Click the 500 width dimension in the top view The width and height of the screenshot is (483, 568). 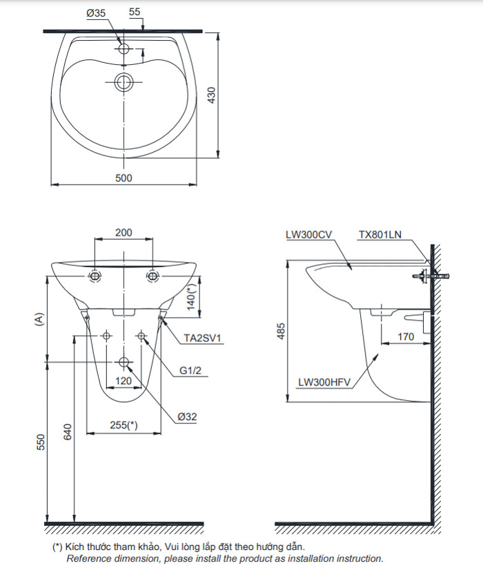(124, 178)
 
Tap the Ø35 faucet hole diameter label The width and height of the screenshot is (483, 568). (97, 12)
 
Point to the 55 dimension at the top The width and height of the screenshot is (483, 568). (135, 12)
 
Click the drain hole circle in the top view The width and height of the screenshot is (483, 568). (124, 82)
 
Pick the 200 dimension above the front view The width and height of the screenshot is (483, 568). (124, 233)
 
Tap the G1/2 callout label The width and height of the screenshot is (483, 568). (190, 371)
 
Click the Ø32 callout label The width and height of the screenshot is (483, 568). (187, 417)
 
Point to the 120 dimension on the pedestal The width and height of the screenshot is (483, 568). (124, 381)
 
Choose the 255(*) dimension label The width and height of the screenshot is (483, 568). (124, 426)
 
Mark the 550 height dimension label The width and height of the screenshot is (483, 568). (40, 443)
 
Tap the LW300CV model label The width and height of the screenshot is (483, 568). (310, 235)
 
